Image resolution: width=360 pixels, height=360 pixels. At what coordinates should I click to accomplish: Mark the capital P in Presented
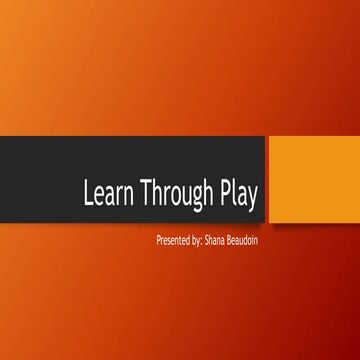pos(159,241)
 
